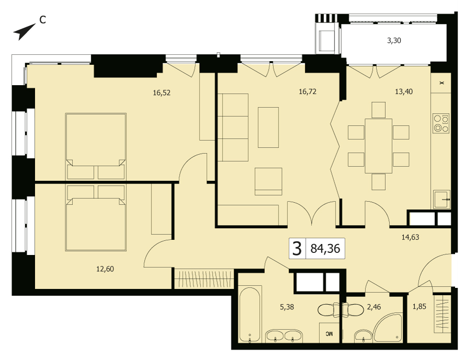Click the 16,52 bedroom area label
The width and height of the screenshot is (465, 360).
(x=161, y=93)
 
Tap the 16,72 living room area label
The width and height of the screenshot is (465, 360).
(x=308, y=91)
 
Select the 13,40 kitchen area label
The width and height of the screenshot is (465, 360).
(x=404, y=91)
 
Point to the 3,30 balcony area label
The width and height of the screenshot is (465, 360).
(x=394, y=41)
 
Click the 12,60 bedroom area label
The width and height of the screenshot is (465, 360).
(x=105, y=269)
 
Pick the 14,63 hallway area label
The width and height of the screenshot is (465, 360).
(x=411, y=237)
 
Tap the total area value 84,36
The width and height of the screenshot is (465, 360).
(x=326, y=249)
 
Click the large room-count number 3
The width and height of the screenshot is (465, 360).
(x=297, y=249)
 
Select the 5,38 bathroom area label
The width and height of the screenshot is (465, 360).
(x=287, y=307)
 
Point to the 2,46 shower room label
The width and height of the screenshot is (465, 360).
(x=374, y=307)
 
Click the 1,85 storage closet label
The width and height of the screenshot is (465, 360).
(x=420, y=306)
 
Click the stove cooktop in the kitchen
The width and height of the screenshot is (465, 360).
(x=441, y=123)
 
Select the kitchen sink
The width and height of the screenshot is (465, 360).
(x=442, y=200)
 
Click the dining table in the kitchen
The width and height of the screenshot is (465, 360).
(x=378, y=146)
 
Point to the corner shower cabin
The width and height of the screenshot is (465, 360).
(x=388, y=328)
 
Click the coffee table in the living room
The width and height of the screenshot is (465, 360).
(x=269, y=127)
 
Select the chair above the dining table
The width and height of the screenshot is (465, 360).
(x=378, y=110)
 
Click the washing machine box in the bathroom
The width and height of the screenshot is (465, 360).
(x=330, y=333)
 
